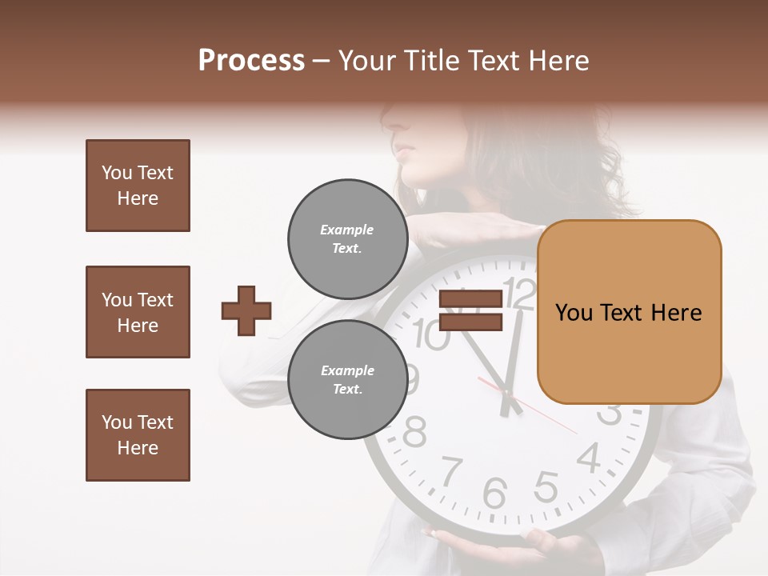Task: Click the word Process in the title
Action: (251, 61)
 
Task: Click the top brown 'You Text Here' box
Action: (138, 186)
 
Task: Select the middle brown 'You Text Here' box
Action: (138, 312)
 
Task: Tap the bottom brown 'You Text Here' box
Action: (138, 435)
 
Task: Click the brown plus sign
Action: (246, 310)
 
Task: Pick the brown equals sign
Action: (471, 310)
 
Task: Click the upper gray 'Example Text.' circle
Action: (347, 238)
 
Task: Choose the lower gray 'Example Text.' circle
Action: (347, 379)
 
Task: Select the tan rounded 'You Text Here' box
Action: (629, 312)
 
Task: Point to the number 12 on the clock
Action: (520, 294)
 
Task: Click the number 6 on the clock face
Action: (494, 492)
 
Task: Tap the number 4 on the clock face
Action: (590, 458)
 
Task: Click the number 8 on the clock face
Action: (414, 433)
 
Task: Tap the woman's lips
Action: (406, 150)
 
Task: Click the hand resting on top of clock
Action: (472, 234)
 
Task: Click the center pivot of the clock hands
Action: (506, 392)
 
